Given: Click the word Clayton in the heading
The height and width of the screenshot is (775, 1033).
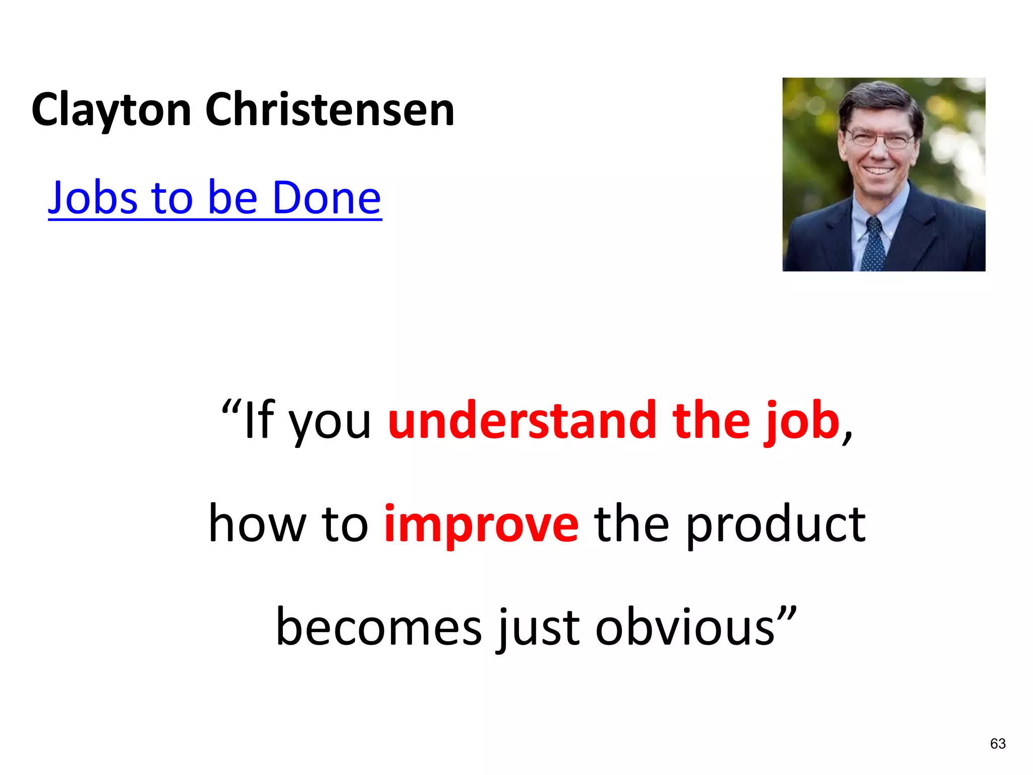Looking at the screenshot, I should pos(111,110).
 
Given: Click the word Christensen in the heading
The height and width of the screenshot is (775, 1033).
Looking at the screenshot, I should pos(330,110).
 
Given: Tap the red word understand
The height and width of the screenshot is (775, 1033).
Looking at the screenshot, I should pos(522,420).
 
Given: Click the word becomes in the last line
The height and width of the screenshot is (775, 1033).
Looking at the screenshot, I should pos(378,627).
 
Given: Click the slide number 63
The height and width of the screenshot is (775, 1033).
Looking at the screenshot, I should pos(998,743).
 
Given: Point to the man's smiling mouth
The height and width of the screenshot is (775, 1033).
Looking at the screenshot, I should pos(878,170).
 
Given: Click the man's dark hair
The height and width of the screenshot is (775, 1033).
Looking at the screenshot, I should pos(878,98).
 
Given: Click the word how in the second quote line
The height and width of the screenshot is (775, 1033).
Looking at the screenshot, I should pos(257,525).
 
